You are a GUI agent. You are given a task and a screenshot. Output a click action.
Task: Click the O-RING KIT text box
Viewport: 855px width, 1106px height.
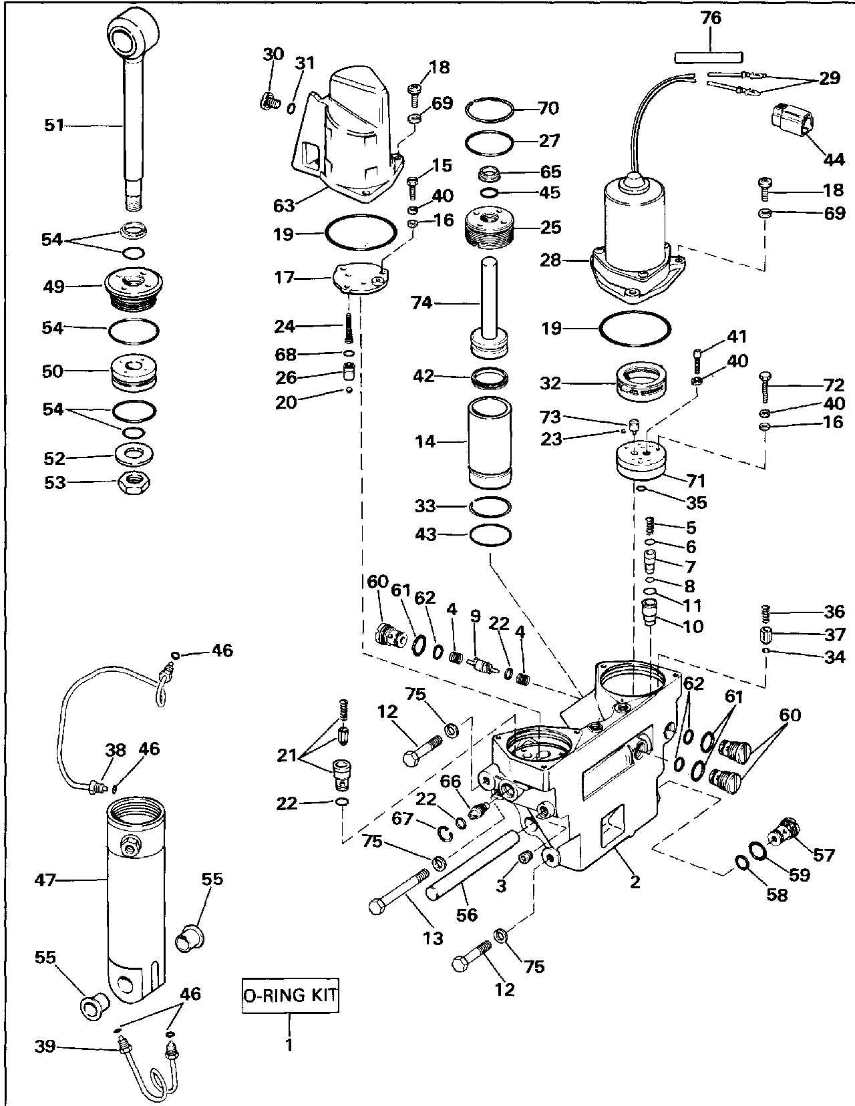tap(290, 995)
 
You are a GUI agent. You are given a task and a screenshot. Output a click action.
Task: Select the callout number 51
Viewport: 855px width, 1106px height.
tap(55, 125)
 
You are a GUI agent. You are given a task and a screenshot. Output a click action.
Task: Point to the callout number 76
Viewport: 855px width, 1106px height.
tap(711, 18)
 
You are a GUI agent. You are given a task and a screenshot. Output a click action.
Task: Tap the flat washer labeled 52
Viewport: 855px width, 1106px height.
tap(134, 455)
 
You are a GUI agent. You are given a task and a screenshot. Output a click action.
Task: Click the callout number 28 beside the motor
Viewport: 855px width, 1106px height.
tap(550, 260)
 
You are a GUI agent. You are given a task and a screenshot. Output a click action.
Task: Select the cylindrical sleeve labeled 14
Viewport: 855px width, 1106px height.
tap(490, 442)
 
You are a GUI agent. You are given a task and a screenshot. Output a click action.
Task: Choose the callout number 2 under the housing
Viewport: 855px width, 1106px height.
tap(635, 881)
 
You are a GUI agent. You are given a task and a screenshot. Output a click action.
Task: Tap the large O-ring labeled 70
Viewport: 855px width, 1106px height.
tap(490, 110)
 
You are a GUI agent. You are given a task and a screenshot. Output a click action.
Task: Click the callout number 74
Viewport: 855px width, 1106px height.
tap(421, 303)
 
